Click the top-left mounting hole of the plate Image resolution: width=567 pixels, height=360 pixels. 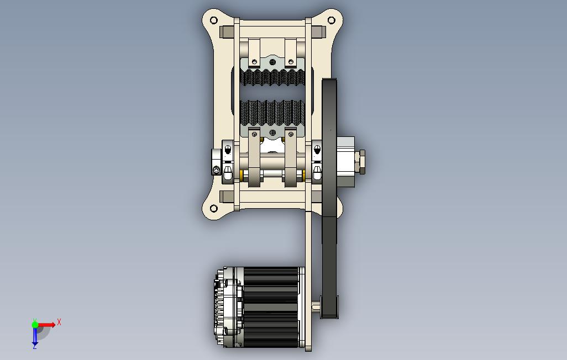click(x=214, y=20)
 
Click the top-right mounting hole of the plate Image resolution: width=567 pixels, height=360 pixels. click(x=331, y=20)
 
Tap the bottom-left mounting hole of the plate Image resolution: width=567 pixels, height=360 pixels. click(x=214, y=208)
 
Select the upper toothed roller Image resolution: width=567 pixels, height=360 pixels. click(x=272, y=77)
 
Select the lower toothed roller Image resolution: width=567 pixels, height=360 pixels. click(x=272, y=113)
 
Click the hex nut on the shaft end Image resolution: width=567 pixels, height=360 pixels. click(x=360, y=161)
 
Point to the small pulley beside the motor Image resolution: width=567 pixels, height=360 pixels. click(x=329, y=307)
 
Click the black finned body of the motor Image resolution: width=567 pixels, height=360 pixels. click(x=271, y=307)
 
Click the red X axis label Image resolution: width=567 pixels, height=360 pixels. click(x=59, y=322)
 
